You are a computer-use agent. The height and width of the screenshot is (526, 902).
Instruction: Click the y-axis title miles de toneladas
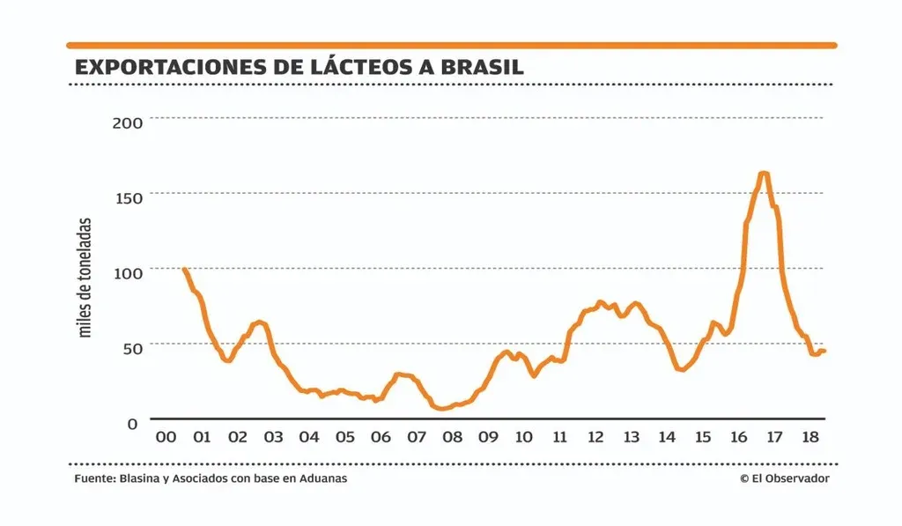[85, 278]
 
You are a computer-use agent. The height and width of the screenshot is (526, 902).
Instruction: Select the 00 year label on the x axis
[165, 438]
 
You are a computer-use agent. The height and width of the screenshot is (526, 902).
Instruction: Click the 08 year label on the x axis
[452, 438]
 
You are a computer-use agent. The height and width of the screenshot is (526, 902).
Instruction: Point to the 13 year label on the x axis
[632, 438]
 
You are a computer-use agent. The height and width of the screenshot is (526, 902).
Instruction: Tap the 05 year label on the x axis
[344, 438]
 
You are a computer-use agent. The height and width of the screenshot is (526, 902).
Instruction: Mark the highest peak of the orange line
[763, 174]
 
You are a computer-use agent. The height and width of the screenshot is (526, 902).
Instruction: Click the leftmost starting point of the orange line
[184, 269]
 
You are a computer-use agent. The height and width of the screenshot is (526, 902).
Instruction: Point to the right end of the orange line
[824, 351]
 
